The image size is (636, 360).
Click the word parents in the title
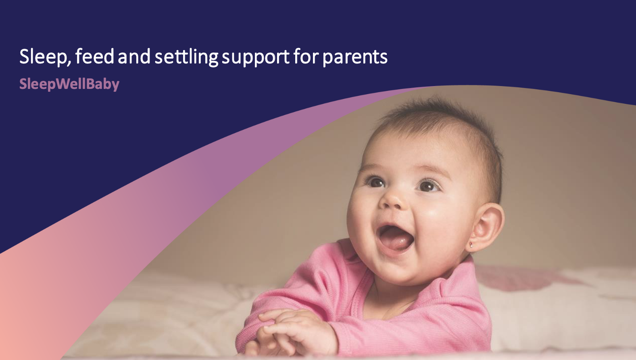pyautogui.click(x=355, y=57)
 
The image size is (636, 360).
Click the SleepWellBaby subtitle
pyautogui.click(x=69, y=84)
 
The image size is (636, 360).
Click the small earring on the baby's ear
pyautogui.click(x=471, y=245)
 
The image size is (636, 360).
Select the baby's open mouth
pyautogui.click(x=395, y=238)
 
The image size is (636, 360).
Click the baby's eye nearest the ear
pyautogui.click(x=427, y=186)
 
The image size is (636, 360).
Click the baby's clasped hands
pyautogui.click(x=282, y=327)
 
